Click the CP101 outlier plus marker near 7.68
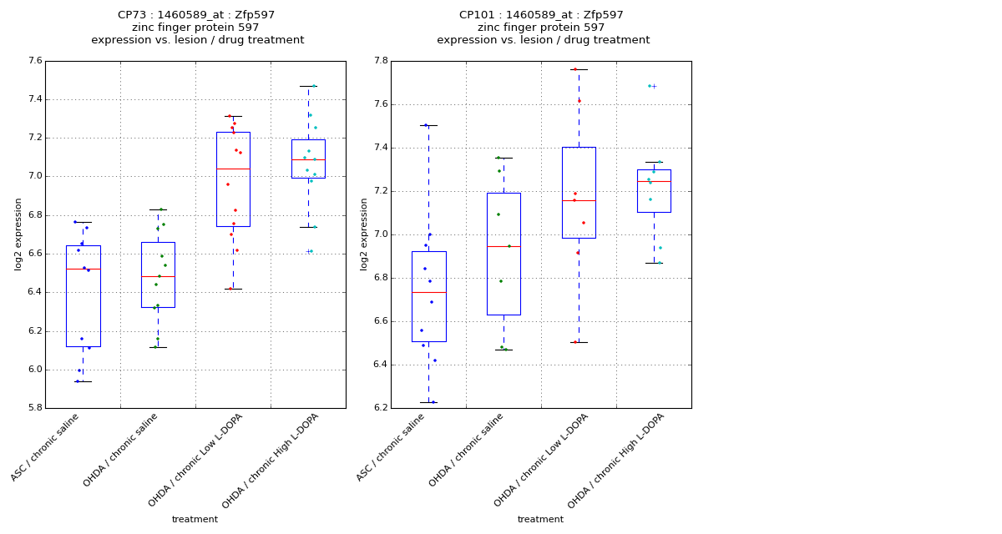[x=654, y=86]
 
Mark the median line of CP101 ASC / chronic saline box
[x=428, y=292]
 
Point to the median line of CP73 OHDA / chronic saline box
[x=158, y=276]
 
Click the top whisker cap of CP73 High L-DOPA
[x=308, y=86]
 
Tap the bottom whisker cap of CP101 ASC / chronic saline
[x=428, y=402]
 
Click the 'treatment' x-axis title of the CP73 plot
[x=195, y=519]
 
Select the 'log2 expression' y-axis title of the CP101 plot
[x=364, y=234]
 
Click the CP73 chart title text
[x=197, y=28]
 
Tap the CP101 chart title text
[x=543, y=28]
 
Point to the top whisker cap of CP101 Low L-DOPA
[x=579, y=69]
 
